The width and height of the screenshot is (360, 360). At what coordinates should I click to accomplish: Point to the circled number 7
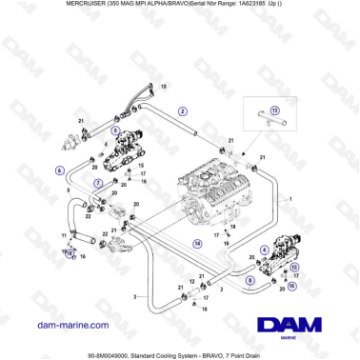point(98,182)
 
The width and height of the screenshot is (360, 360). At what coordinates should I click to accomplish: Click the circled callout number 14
point(197,244)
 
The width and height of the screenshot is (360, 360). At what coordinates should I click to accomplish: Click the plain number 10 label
point(162,87)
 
